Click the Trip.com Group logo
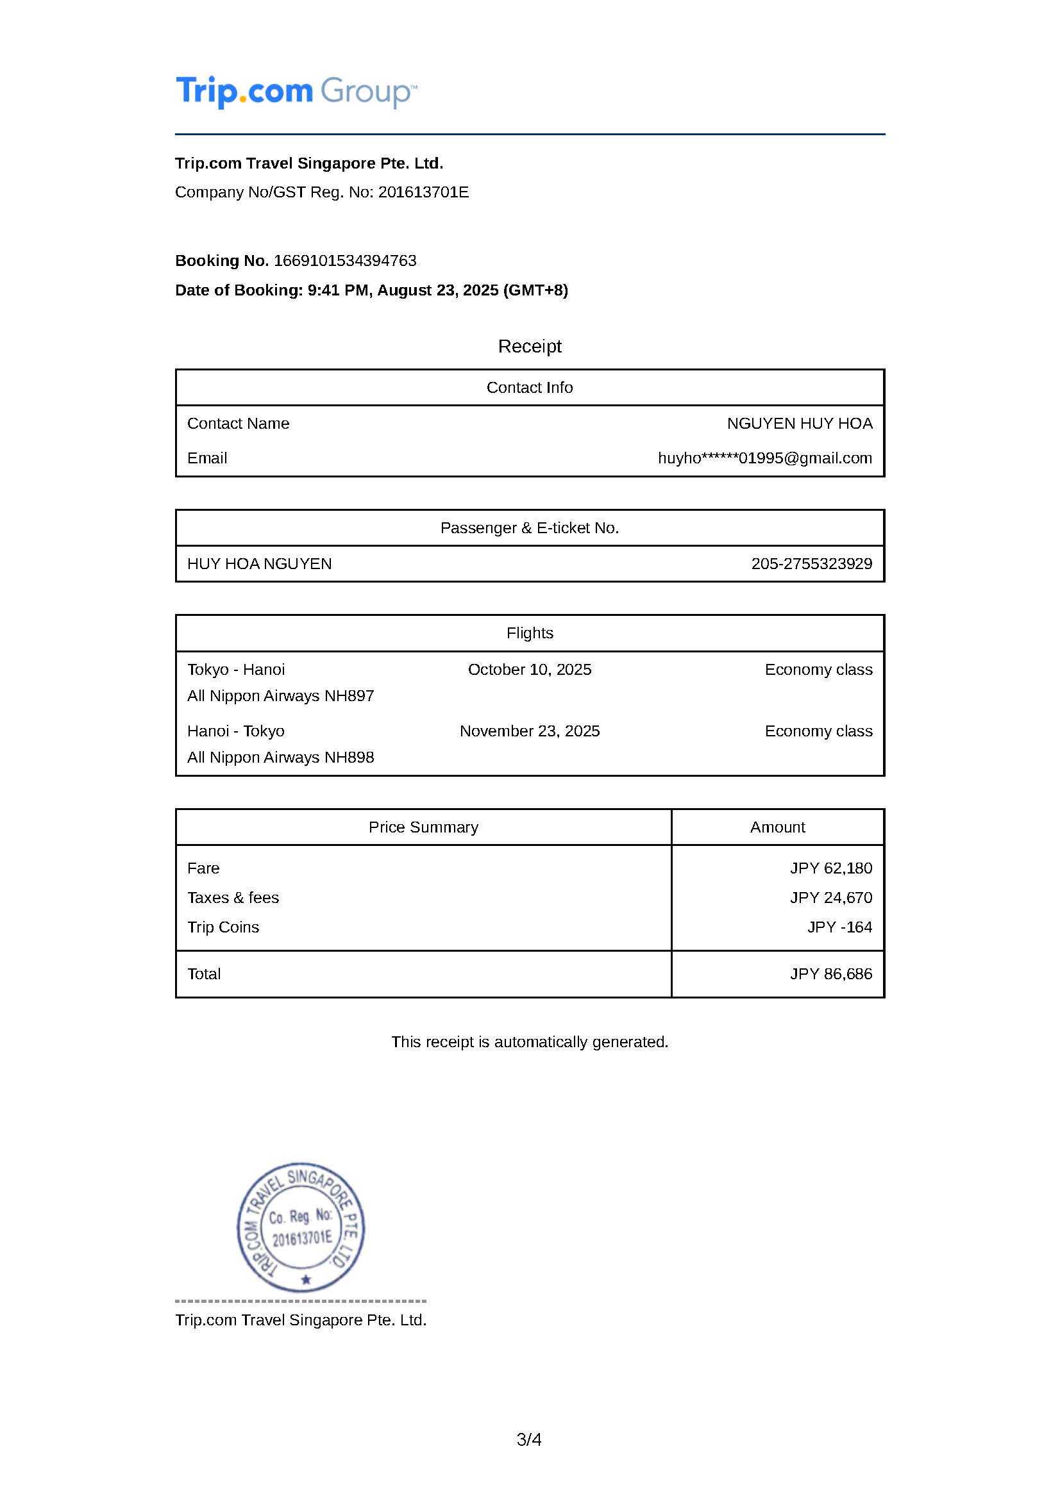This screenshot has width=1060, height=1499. (x=296, y=92)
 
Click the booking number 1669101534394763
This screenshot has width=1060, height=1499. (x=345, y=260)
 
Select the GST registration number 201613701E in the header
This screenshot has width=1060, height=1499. (x=423, y=192)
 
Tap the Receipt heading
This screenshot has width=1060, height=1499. (x=530, y=346)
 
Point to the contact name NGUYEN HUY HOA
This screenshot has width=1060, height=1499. (x=800, y=424)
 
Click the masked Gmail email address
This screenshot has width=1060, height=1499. (x=765, y=458)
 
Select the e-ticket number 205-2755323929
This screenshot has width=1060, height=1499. (x=811, y=564)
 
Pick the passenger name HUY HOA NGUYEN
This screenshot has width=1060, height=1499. (x=259, y=564)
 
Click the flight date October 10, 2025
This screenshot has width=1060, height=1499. (x=530, y=670)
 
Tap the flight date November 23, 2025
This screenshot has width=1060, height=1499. (x=530, y=731)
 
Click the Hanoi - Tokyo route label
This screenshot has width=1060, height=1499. (x=236, y=731)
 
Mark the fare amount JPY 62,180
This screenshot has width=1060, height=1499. (x=831, y=868)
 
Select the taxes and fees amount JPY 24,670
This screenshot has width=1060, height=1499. (x=831, y=898)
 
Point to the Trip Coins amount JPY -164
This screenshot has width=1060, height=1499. (x=839, y=927)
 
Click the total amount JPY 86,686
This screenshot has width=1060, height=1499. (x=831, y=974)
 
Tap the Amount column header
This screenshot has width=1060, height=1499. (x=777, y=827)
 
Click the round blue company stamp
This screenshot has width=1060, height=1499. (x=301, y=1228)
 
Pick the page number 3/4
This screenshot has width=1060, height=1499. (x=529, y=1439)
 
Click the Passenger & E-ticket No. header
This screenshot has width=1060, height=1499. (x=530, y=528)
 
